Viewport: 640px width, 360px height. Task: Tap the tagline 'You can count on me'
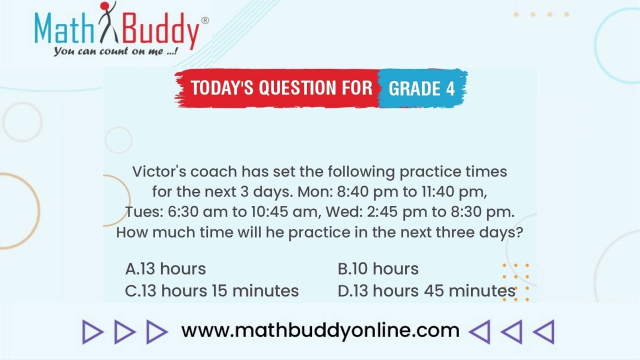point(116,51)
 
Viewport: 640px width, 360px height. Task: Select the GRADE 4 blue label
point(421,88)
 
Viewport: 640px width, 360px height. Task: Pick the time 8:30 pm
point(482,212)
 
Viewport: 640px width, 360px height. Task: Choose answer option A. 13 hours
point(165,269)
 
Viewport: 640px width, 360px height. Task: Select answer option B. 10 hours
point(378,269)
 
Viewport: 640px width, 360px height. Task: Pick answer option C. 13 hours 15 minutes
point(211,291)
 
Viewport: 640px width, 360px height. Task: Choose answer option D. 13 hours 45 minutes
point(426,291)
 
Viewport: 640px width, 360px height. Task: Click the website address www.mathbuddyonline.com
point(320,330)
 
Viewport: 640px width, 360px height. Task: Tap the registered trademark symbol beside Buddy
point(204,20)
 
